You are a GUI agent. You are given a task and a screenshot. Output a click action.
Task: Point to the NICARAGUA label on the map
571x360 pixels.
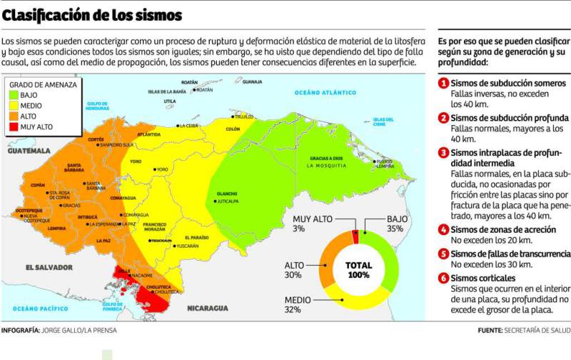(x=207, y=308)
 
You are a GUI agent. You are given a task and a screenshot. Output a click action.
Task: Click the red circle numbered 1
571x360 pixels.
(x=443, y=84)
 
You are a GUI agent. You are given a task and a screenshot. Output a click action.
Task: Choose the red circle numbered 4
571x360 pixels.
(x=443, y=229)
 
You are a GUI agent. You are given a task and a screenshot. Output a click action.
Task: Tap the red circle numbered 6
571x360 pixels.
(x=443, y=277)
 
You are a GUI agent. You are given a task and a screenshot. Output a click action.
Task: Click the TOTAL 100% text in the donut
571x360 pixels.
(x=358, y=269)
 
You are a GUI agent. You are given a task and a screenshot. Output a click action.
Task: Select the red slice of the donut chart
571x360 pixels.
(x=355, y=237)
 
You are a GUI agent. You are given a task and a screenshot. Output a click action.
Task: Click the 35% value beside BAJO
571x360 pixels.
(x=396, y=229)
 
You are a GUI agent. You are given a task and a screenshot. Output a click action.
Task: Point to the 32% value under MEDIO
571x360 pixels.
(x=293, y=309)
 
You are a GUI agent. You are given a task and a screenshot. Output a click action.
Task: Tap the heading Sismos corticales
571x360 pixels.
(x=485, y=277)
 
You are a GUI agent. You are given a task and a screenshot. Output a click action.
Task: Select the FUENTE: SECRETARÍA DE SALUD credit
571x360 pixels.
(x=524, y=330)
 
